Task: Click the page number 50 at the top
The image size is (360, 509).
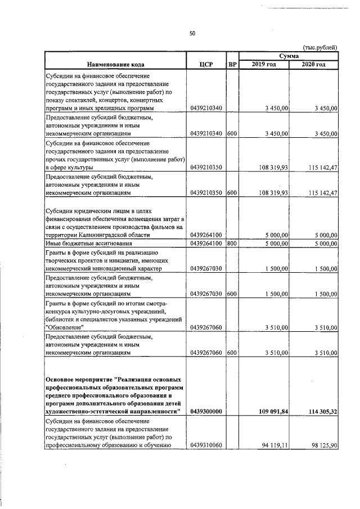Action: coord(192,34)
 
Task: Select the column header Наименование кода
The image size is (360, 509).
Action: coord(115,65)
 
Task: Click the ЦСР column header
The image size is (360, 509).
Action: coord(205,65)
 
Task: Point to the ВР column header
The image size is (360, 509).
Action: coord(232,65)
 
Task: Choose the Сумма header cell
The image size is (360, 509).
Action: coord(289,56)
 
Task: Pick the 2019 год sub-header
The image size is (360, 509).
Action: coord(264,65)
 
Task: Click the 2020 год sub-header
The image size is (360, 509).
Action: coord(314,65)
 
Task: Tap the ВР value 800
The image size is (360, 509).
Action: coord(232,244)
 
